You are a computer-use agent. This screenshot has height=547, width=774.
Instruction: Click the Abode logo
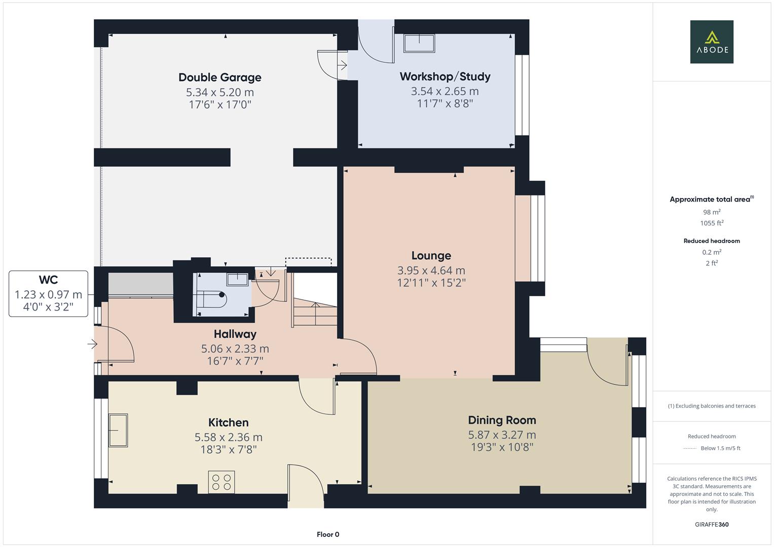tap(712, 42)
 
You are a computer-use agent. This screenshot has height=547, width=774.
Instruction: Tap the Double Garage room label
tap(220, 77)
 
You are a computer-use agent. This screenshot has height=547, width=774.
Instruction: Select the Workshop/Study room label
tap(445, 76)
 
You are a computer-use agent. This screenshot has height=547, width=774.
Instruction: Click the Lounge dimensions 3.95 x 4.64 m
tap(431, 270)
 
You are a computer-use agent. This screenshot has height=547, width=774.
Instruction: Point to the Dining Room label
tap(502, 420)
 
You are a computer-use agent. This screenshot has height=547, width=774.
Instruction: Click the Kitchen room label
tap(229, 422)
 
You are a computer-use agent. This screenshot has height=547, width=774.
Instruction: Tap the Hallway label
tap(235, 334)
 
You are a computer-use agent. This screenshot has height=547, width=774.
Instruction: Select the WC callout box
tap(48, 294)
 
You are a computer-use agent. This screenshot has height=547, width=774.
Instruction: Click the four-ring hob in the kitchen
tap(222, 482)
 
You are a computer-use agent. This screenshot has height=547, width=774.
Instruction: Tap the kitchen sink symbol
tap(118, 430)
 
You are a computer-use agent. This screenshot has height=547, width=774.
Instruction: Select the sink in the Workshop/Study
tap(419, 43)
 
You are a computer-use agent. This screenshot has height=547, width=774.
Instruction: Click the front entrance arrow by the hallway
tap(92, 344)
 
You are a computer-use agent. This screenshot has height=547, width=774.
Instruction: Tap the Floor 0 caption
tap(328, 534)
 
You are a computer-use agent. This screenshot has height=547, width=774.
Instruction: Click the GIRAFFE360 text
tap(712, 524)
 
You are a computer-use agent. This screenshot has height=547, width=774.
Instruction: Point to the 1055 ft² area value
tap(712, 223)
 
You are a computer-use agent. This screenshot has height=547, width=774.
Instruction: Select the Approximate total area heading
tap(711, 199)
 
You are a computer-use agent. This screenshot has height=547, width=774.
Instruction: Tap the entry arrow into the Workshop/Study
tap(342, 65)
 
